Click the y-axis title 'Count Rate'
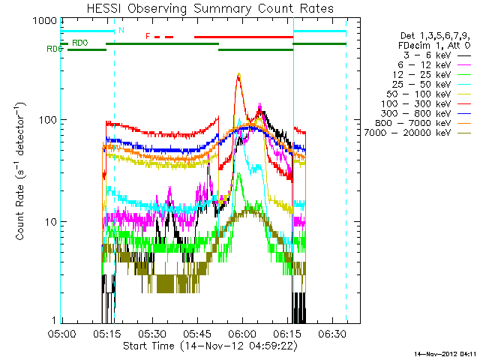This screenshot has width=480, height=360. (x=22, y=172)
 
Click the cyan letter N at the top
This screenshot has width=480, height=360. (x=121, y=30)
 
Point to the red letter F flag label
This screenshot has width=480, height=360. (x=148, y=36)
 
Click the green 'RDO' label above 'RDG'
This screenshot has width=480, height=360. (x=79, y=43)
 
